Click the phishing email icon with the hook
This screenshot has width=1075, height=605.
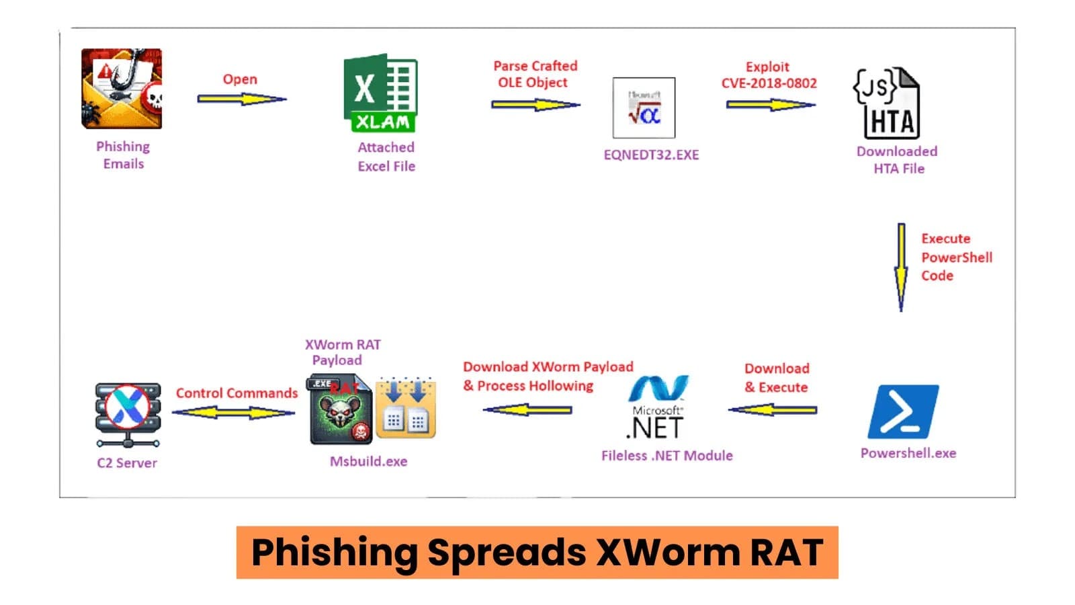[122, 89]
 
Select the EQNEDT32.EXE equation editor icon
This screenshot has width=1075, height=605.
[644, 108]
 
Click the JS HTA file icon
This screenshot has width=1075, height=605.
[887, 104]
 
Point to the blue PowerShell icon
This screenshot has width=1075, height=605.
[903, 411]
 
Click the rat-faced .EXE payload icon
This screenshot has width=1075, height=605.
[340, 411]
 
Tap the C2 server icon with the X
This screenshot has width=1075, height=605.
[128, 414]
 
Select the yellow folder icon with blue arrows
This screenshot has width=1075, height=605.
[405, 409]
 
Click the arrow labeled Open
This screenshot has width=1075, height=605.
[242, 99]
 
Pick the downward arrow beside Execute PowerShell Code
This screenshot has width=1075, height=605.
[901, 267]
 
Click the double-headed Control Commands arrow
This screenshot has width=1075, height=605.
[233, 412]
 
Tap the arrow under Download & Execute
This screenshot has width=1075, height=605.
[773, 409]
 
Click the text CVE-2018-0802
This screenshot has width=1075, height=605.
[769, 83]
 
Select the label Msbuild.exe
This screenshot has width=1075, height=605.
[368, 461]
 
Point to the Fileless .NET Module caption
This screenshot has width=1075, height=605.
[666, 456]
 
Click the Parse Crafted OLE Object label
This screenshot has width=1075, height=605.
[535, 74]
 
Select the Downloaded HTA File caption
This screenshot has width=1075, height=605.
[897, 160]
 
